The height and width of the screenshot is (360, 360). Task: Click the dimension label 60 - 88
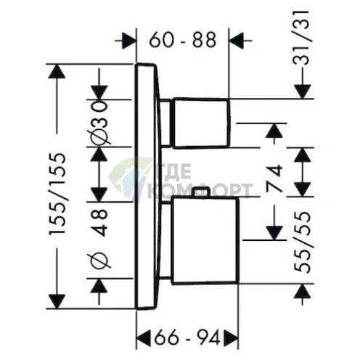182,40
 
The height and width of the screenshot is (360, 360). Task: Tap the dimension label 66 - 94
187,337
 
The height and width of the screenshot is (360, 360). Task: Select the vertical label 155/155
57,194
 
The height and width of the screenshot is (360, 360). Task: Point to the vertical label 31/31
301,38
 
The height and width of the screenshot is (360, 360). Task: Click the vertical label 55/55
302,242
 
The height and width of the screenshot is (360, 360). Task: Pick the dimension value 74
274,178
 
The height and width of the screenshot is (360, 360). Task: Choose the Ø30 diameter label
99,123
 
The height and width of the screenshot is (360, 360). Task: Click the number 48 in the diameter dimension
99,223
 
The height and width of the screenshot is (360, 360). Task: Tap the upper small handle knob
200,123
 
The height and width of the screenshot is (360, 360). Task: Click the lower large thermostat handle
205,240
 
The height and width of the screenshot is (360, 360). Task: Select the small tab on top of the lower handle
201,192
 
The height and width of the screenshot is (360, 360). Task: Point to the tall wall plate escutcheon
147,187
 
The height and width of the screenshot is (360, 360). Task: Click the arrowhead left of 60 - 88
128,40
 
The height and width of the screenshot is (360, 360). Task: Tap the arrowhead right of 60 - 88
236,40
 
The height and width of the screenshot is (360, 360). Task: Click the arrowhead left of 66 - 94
144,337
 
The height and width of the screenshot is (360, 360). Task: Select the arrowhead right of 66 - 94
231,337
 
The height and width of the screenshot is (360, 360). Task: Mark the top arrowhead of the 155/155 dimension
57,71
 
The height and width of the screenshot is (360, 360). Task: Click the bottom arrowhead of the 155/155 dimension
57,301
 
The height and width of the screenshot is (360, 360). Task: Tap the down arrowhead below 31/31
302,91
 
